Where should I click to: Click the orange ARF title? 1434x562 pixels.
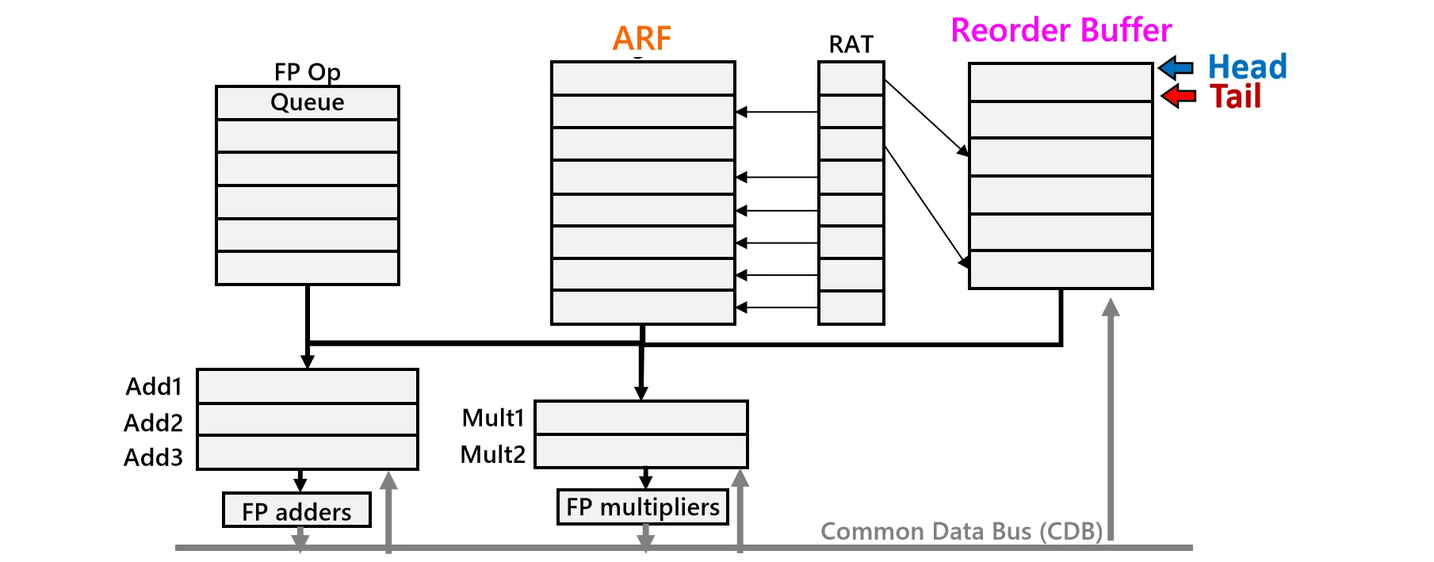coord(642,38)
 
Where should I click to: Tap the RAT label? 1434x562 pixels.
coord(851,44)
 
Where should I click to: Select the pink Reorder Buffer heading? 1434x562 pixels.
coord(1061,30)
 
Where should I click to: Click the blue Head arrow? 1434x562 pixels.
coord(1176,68)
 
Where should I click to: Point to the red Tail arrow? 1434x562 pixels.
coord(1179,97)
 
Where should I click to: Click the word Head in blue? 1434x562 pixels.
coord(1247,67)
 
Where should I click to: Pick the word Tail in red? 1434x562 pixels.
coord(1235,97)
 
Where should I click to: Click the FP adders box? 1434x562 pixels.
coord(296,510)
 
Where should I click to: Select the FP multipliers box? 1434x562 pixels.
coord(642,507)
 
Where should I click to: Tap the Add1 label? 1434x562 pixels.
coord(154,387)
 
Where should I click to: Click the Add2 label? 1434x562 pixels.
coord(153,422)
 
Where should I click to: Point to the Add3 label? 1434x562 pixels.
coord(153,457)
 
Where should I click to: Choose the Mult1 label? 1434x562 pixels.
coord(493,418)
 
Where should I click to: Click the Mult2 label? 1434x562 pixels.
coord(492,454)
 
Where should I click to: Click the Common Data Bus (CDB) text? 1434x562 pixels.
coord(961,530)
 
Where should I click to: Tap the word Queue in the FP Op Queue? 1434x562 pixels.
coord(308,102)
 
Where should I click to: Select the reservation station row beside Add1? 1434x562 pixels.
coord(308,386)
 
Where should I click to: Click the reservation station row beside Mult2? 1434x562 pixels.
coord(641,451)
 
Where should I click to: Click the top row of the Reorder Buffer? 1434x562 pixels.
coord(1061,82)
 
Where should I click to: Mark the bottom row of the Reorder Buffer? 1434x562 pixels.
coord(1061,270)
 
